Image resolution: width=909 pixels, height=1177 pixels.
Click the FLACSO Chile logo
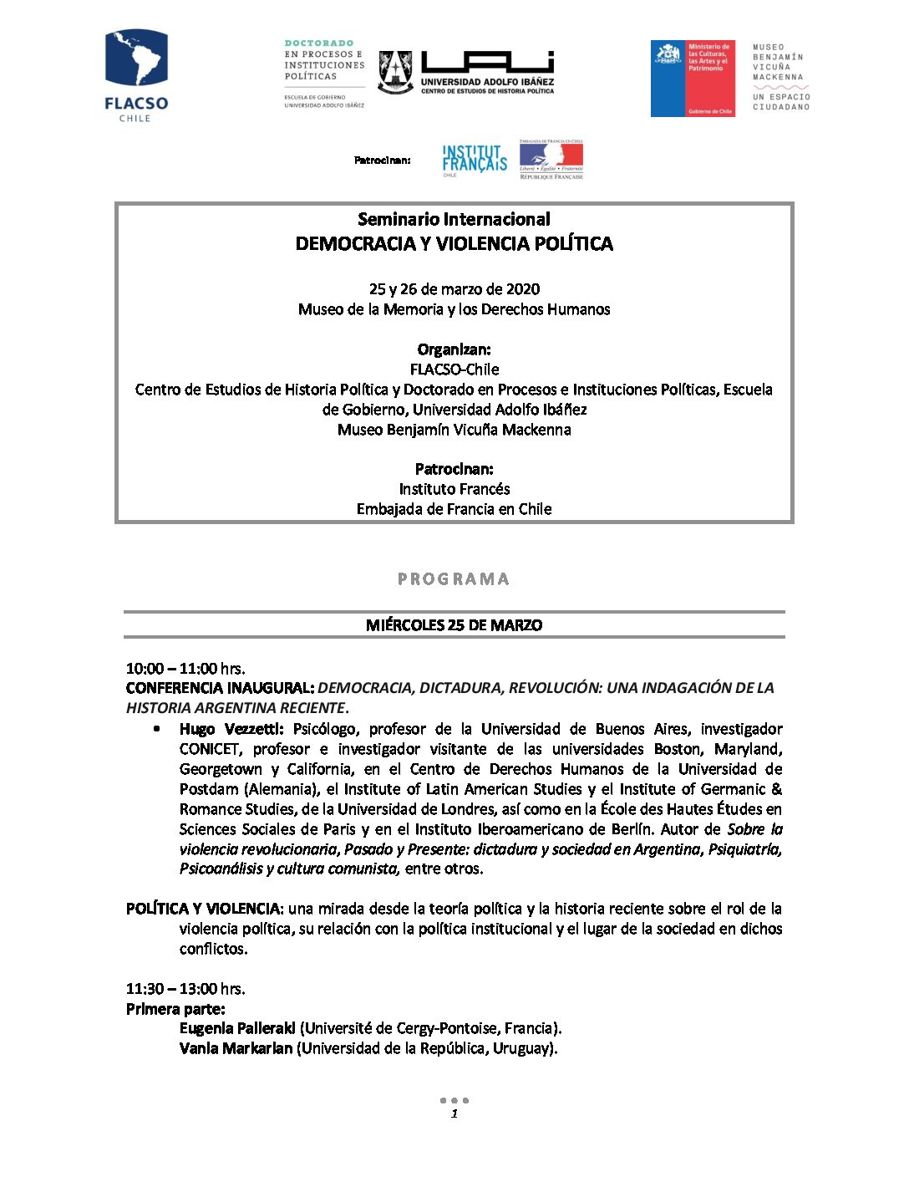coord(136,76)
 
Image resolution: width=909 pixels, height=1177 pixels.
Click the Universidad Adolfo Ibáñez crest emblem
coord(395,72)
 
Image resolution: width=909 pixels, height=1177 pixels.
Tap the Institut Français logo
coord(475,159)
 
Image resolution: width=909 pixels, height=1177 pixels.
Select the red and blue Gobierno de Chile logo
coord(693,79)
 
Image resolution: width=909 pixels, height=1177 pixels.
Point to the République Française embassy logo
coord(551,159)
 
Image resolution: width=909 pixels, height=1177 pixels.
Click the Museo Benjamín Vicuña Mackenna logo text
coord(780,77)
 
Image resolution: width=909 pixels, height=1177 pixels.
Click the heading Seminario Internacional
coord(454,219)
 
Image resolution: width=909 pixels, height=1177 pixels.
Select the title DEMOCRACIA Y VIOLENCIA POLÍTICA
coord(454,244)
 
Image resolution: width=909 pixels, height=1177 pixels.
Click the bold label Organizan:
coord(454,349)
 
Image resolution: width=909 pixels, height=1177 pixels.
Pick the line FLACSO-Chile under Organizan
coord(454,369)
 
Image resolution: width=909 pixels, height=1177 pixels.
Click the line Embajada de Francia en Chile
coord(454,509)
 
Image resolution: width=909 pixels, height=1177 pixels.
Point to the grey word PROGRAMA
coord(454,578)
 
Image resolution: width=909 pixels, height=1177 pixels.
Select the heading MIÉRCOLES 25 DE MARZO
coord(454,625)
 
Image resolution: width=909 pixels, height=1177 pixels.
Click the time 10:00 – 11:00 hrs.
coord(185,669)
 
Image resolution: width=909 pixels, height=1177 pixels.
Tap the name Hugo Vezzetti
coord(231,729)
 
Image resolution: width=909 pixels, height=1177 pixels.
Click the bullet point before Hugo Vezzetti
coord(156,729)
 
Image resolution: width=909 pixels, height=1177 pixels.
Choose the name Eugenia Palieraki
coord(237,1028)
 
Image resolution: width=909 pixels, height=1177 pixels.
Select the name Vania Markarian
coord(236,1048)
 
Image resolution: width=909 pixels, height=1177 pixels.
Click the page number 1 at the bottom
coord(454,1113)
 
